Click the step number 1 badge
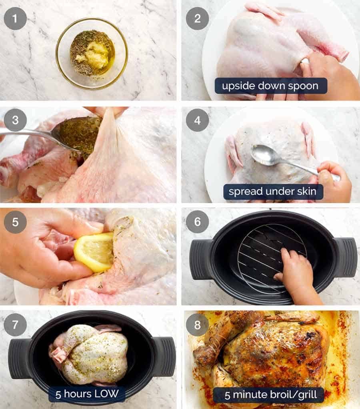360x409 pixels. point(15,18)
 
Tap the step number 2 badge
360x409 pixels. point(197,18)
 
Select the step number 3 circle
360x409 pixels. point(15,120)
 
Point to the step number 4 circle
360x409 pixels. point(197,120)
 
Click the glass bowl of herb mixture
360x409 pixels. point(92,53)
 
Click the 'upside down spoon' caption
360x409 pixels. point(271,86)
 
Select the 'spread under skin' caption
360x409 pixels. point(273,192)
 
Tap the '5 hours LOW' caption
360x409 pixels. point(87,394)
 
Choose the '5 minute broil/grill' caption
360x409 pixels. point(268,395)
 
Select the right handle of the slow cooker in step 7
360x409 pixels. point(163,356)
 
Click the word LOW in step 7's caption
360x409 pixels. point(106,394)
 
